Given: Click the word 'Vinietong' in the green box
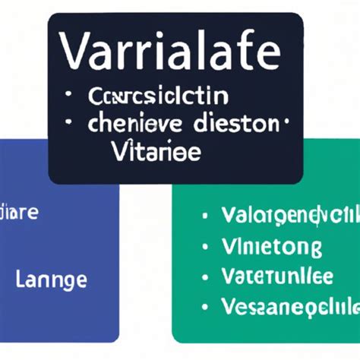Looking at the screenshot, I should click(x=271, y=246).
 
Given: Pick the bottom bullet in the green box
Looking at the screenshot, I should click(x=204, y=307).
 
